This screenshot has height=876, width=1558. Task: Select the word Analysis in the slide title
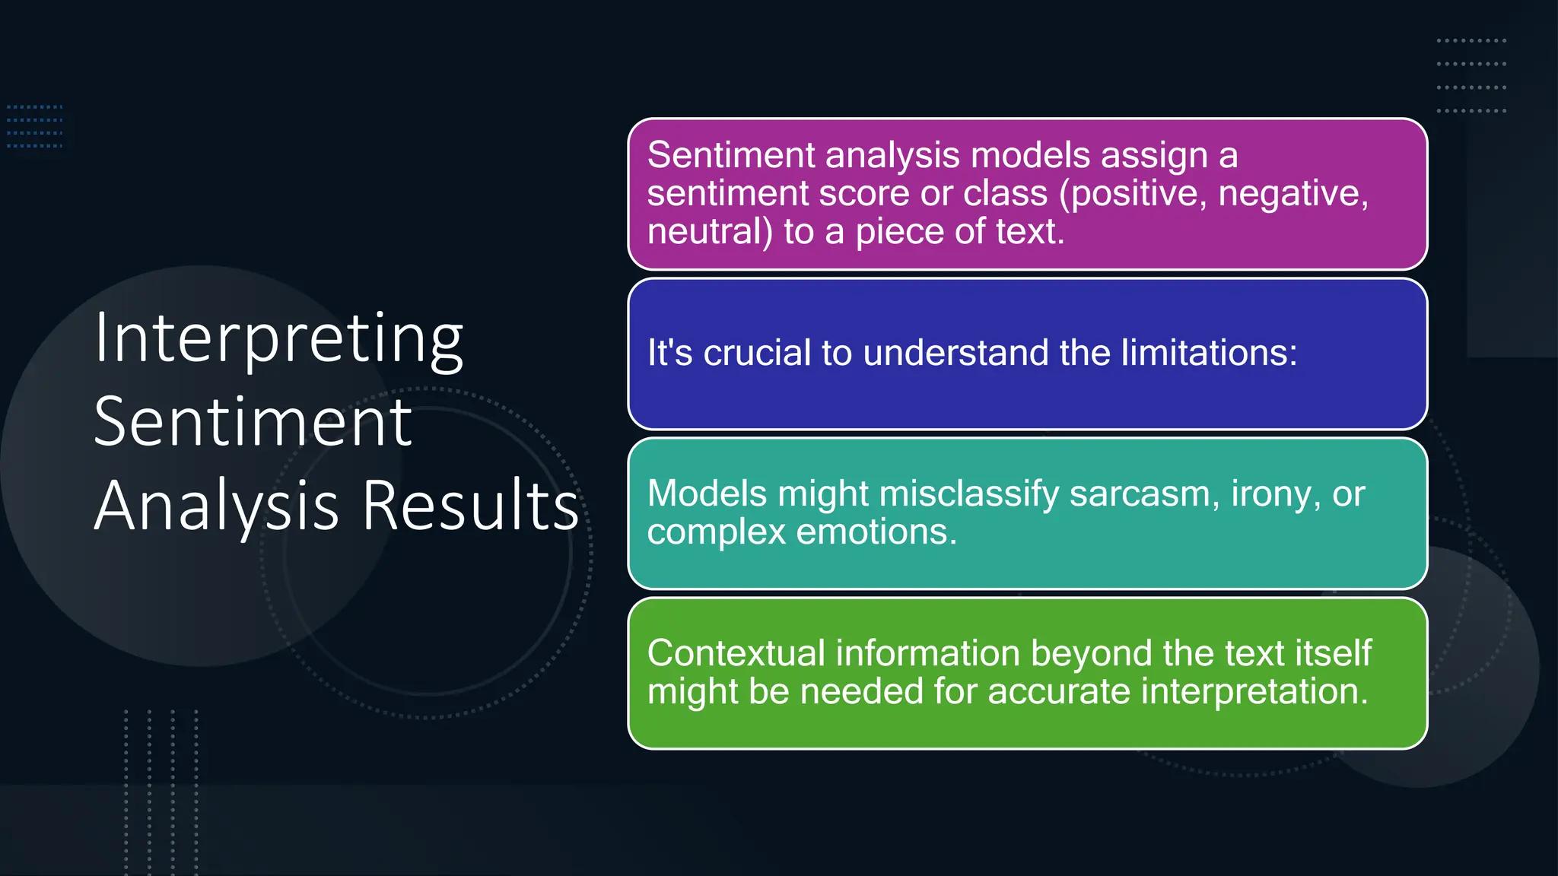click(216, 506)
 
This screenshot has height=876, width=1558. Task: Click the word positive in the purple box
click(1133, 194)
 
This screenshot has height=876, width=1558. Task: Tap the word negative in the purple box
click(1293, 194)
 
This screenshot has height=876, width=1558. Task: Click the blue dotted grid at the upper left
click(35, 126)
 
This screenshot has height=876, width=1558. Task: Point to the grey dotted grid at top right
click(1471, 76)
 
